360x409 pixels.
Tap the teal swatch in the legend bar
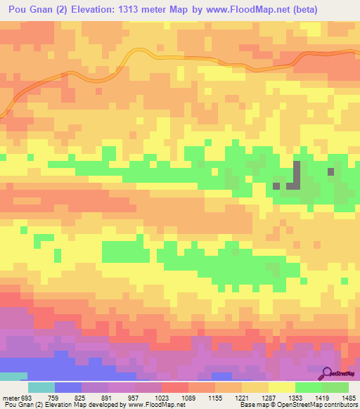(x=41, y=388)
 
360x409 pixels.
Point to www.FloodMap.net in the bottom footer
(x=152, y=405)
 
